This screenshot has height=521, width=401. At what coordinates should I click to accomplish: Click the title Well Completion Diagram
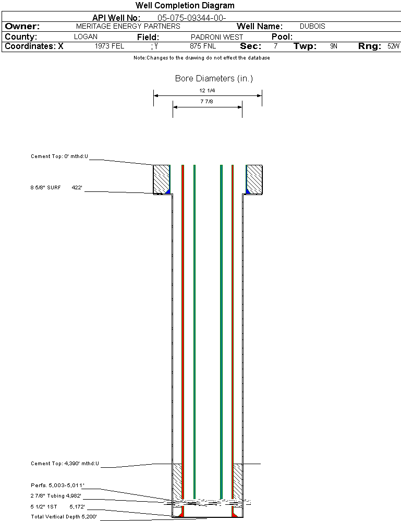(185, 5)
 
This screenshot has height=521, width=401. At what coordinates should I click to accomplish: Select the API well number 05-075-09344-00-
(192, 18)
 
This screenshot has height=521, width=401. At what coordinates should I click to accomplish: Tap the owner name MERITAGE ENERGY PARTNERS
(128, 26)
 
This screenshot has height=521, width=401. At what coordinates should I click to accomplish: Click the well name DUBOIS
(312, 26)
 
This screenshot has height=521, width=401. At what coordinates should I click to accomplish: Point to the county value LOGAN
(86, 37)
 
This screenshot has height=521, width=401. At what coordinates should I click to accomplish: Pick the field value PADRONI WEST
(217, 37)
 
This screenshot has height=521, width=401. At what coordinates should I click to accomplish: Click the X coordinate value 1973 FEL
(110, 46)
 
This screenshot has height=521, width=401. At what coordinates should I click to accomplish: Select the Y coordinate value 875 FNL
(203, 46)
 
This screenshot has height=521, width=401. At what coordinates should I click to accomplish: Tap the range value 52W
(393, 46)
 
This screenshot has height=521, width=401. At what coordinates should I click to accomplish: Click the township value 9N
(334, 46)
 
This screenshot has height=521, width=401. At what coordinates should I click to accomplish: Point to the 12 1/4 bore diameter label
(207, 90)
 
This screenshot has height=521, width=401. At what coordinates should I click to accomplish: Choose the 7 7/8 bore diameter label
(206, 101)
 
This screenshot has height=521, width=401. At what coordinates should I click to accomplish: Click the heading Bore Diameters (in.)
(214, 78)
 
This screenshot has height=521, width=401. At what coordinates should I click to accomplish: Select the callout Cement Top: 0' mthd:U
(59, 156)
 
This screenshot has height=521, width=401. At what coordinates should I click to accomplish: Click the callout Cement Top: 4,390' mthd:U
(65, 464)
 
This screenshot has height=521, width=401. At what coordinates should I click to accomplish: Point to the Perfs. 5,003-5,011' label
(57, 486)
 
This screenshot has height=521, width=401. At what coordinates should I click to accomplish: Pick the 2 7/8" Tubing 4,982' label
(56, 496)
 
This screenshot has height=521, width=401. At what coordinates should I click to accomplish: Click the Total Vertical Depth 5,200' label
(64, 517)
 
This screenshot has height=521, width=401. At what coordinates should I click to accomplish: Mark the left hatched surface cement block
(161, 179)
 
